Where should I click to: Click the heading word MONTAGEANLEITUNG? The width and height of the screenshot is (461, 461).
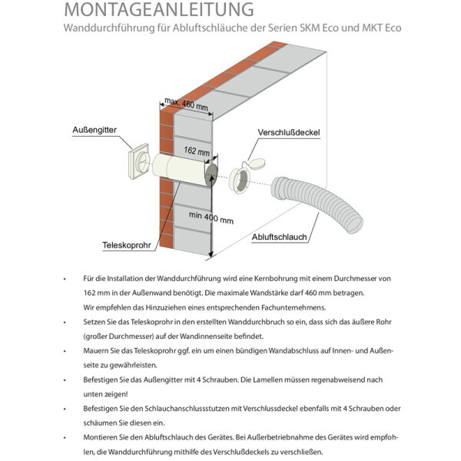pos(159,10)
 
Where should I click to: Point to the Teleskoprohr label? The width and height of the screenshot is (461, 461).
pos(126,247)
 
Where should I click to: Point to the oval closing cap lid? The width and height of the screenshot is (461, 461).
pos(255,162)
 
